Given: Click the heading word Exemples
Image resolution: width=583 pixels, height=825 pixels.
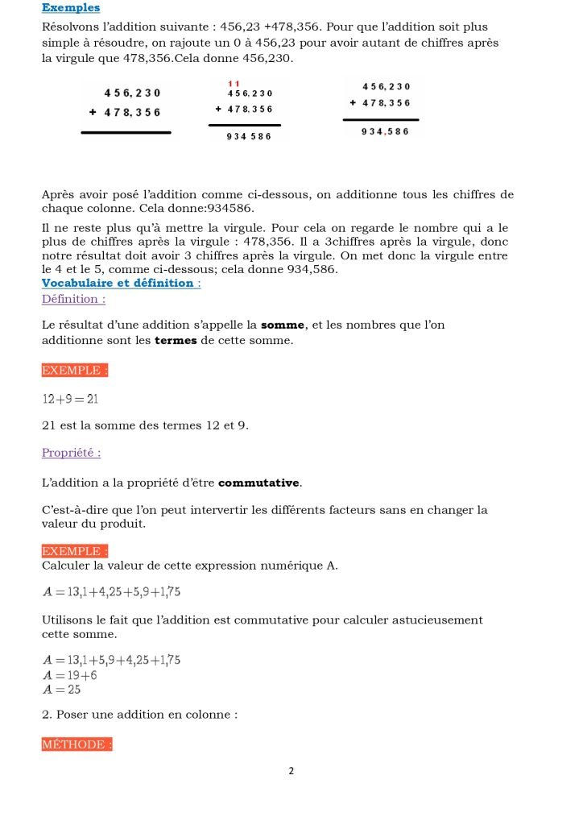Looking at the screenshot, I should coord(71,8).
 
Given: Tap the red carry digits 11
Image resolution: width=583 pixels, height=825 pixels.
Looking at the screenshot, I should coord(234,84).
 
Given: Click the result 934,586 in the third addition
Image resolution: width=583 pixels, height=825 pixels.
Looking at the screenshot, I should coord(385,132).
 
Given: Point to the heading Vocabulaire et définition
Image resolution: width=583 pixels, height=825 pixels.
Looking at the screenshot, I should coord(121,283).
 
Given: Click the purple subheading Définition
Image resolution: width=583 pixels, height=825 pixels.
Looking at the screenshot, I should coord(73,299).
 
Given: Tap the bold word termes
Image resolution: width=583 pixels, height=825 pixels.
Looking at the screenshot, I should coord(176,341).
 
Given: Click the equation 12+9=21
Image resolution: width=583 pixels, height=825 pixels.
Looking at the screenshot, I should coord(70,399).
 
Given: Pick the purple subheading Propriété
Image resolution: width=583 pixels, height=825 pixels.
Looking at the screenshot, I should coord(72,453).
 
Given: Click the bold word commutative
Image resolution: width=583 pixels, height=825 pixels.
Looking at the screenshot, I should coord(258,483).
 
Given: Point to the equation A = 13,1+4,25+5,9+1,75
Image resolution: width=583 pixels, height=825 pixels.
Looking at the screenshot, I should coord(111,592).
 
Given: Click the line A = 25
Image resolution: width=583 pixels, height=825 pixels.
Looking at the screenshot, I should coord(61,690).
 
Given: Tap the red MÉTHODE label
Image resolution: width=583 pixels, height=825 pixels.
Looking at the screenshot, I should coord(76,744).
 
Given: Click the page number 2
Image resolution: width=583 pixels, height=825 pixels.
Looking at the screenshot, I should coord(291,771).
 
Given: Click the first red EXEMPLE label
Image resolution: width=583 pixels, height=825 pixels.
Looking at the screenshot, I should coord(75,371).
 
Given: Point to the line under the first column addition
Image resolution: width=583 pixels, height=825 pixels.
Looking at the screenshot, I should coord(126,132).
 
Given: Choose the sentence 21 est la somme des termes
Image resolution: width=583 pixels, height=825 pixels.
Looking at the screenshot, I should coord(145,425).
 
